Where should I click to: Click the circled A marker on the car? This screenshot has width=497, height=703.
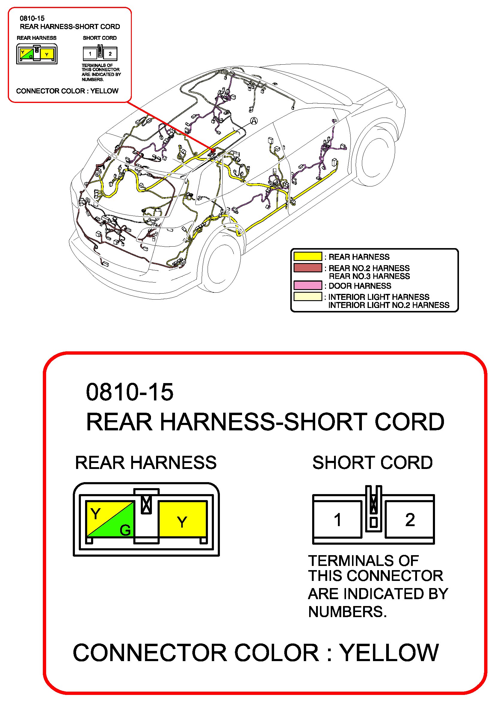(254, 121)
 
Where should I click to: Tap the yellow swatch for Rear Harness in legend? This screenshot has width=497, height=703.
(307, 256)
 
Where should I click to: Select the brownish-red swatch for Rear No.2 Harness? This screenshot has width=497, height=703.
(307, 268)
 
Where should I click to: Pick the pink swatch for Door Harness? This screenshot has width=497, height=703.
(307, 286)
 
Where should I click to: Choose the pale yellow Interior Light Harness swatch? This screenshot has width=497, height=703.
(307, 296)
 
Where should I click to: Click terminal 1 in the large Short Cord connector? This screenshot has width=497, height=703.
(337, 520)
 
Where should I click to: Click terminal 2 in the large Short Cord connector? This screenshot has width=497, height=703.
(410, 520)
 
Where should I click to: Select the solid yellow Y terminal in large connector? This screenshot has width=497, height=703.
(182, 519)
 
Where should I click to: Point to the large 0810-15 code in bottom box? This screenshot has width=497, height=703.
(130, 392)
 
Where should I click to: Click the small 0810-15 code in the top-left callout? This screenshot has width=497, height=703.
(32, 18)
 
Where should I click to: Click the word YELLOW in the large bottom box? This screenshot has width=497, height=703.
(390, 652)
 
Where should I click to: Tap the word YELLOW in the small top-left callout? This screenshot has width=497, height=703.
(104, 91)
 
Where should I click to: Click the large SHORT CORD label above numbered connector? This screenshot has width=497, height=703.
(372, 462)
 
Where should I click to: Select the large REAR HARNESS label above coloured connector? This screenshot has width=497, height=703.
(146, 462)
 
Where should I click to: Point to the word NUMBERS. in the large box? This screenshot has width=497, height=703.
(348, 612)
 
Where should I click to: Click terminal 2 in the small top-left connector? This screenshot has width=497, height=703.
(110, 54)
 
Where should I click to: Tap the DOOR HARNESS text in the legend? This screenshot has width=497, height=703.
(360, 286)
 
